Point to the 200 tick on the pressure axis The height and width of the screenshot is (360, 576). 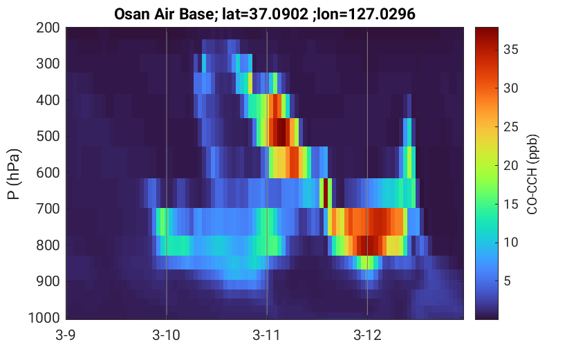48,28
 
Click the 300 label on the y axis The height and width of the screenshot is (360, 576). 48,64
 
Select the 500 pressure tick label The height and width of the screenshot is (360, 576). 48,137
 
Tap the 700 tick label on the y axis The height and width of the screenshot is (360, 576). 48,209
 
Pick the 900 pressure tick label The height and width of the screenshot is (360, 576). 48,281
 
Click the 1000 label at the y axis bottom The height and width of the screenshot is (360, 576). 44,317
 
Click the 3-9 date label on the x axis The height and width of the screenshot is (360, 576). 66,335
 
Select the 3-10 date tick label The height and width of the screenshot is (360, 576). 167,335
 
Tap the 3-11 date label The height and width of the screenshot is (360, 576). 267,335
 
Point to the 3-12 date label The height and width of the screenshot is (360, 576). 367,335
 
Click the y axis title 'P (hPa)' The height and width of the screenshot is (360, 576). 14,174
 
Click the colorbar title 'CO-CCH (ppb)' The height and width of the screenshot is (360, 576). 532,174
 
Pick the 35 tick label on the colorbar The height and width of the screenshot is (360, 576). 510,50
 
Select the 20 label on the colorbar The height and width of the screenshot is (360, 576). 510,166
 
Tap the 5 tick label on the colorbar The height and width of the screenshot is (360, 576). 508,281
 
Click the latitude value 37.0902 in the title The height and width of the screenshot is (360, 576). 279,15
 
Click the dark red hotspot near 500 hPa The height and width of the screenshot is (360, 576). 280,132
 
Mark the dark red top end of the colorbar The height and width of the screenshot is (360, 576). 487,30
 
